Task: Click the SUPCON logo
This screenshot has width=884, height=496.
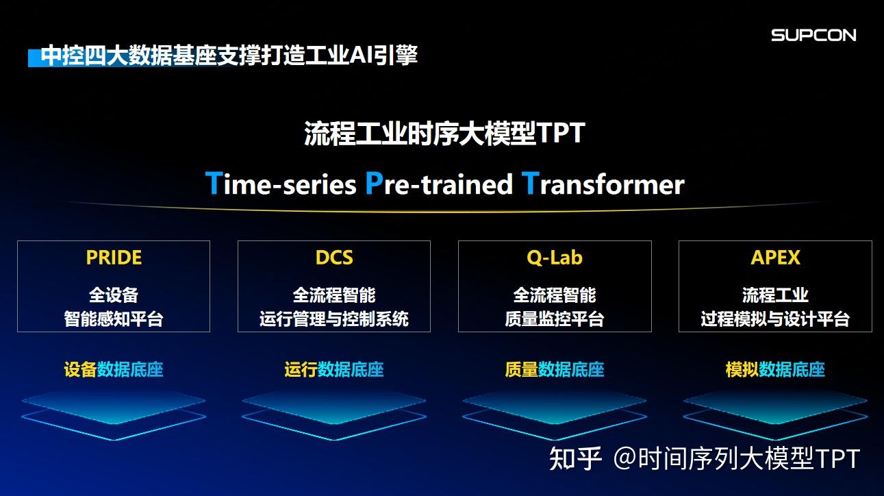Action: (813, 35)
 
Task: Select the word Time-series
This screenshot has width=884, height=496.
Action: (281, 184)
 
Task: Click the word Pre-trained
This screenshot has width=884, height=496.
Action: (438, 184)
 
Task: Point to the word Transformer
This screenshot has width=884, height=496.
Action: (603, 184)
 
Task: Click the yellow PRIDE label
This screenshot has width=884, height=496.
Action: (114, 258)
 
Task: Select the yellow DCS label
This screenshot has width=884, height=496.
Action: (334, 258)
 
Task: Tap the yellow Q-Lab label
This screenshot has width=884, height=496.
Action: (555, 258)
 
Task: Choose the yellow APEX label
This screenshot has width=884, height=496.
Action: (775, 258)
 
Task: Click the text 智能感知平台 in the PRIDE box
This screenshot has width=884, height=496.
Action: (114, 319)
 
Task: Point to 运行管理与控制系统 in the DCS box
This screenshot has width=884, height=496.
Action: (334, 319)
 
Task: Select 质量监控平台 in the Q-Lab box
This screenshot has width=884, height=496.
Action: (555, 319)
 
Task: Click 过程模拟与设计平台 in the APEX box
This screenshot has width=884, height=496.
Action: (775, 319)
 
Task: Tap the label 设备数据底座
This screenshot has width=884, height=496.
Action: (114, 370)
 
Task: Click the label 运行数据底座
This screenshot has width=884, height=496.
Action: (334, 370)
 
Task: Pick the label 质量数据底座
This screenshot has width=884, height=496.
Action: (555, 370)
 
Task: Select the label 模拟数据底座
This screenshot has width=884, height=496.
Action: (775, 370)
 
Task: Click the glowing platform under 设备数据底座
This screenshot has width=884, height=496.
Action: (114, 408)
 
